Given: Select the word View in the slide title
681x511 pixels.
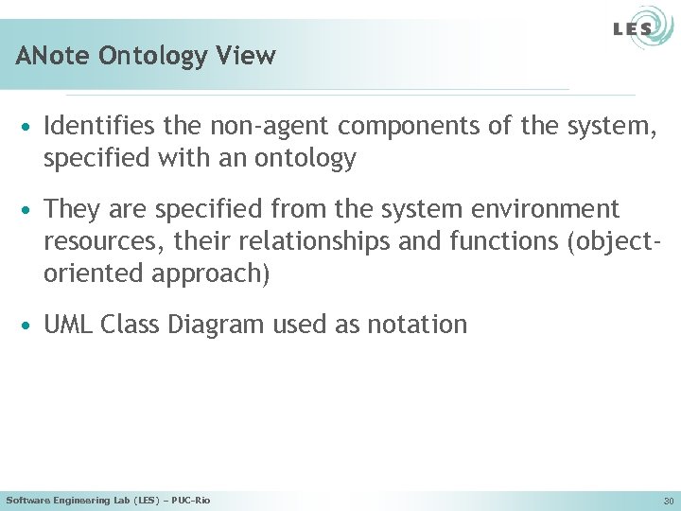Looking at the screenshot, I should pos(251,56).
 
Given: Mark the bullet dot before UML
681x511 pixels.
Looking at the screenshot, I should pos(29,326).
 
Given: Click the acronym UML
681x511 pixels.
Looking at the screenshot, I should pos(69,325).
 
